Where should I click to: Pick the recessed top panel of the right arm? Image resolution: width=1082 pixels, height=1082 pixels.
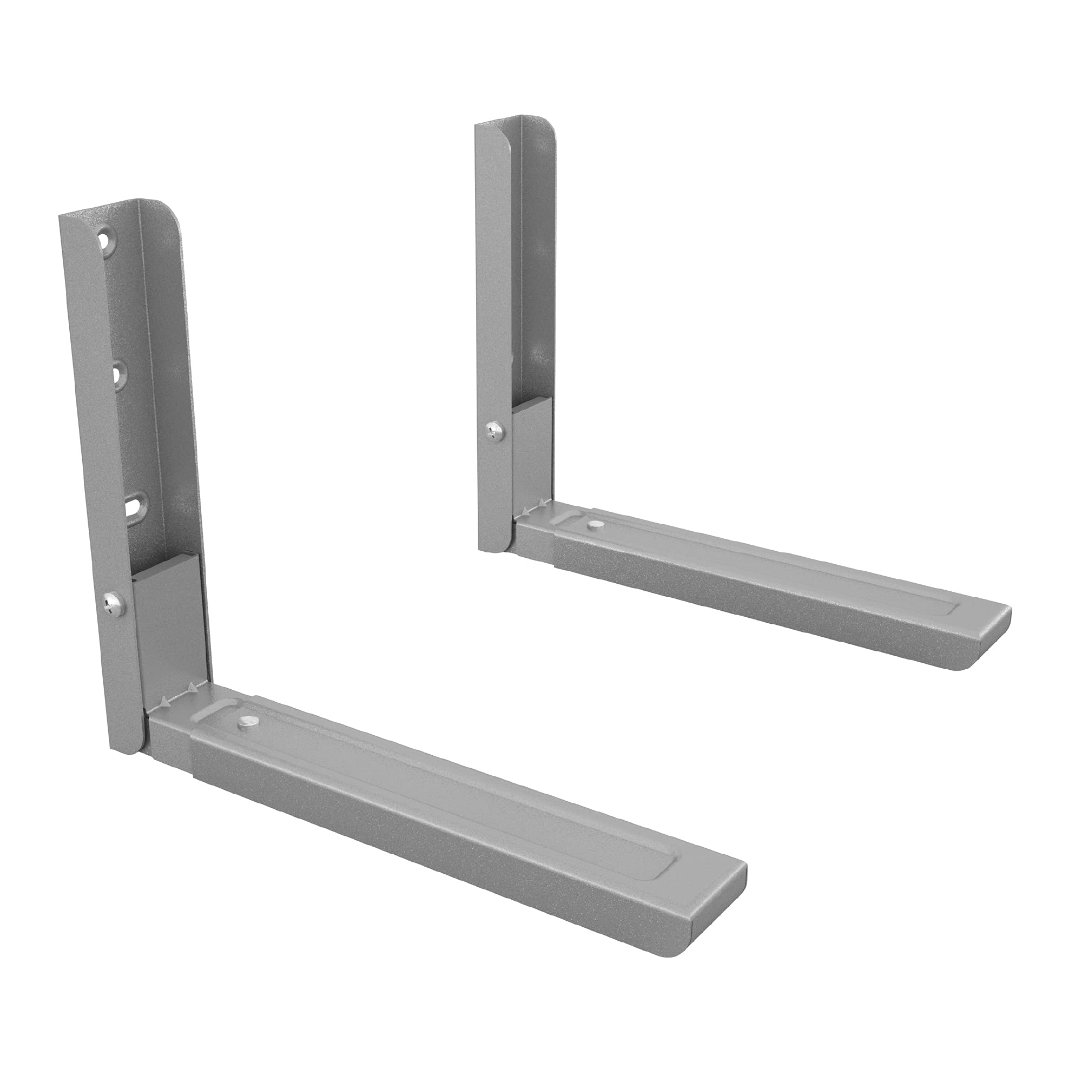[x=784, y=577]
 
